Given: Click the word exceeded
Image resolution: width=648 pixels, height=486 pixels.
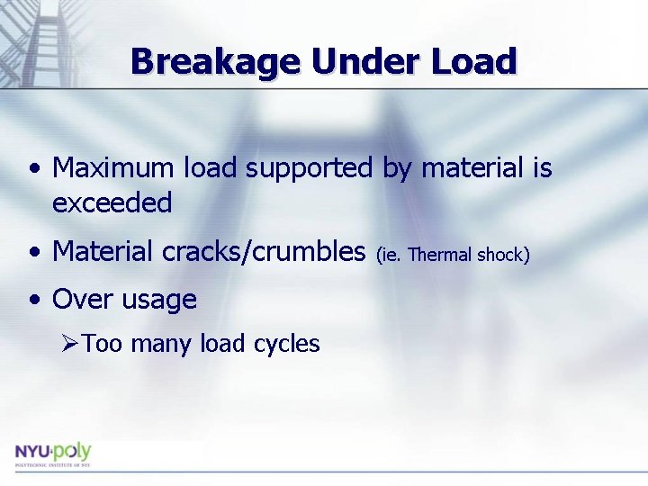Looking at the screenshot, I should (112, 203).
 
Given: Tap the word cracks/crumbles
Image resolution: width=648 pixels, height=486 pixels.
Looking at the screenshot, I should (264, 252).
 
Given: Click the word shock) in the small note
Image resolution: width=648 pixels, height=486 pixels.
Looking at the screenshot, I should (503, 256).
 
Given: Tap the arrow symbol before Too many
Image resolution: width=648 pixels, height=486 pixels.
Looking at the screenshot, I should (71, 344).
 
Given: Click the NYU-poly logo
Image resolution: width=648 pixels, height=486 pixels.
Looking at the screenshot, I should (52, 452).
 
